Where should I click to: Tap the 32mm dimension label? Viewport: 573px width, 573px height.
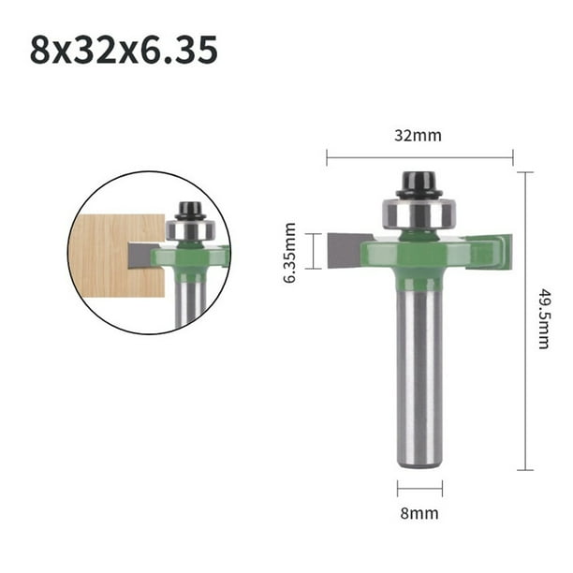(419, 136)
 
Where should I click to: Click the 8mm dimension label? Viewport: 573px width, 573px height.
(419, 513)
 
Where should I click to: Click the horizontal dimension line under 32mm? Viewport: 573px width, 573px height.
(419, 156)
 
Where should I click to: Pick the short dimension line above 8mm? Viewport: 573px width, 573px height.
(418, 488)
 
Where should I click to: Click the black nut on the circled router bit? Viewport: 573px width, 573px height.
(190, 208)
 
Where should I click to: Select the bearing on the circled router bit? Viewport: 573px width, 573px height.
(190, 229)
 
